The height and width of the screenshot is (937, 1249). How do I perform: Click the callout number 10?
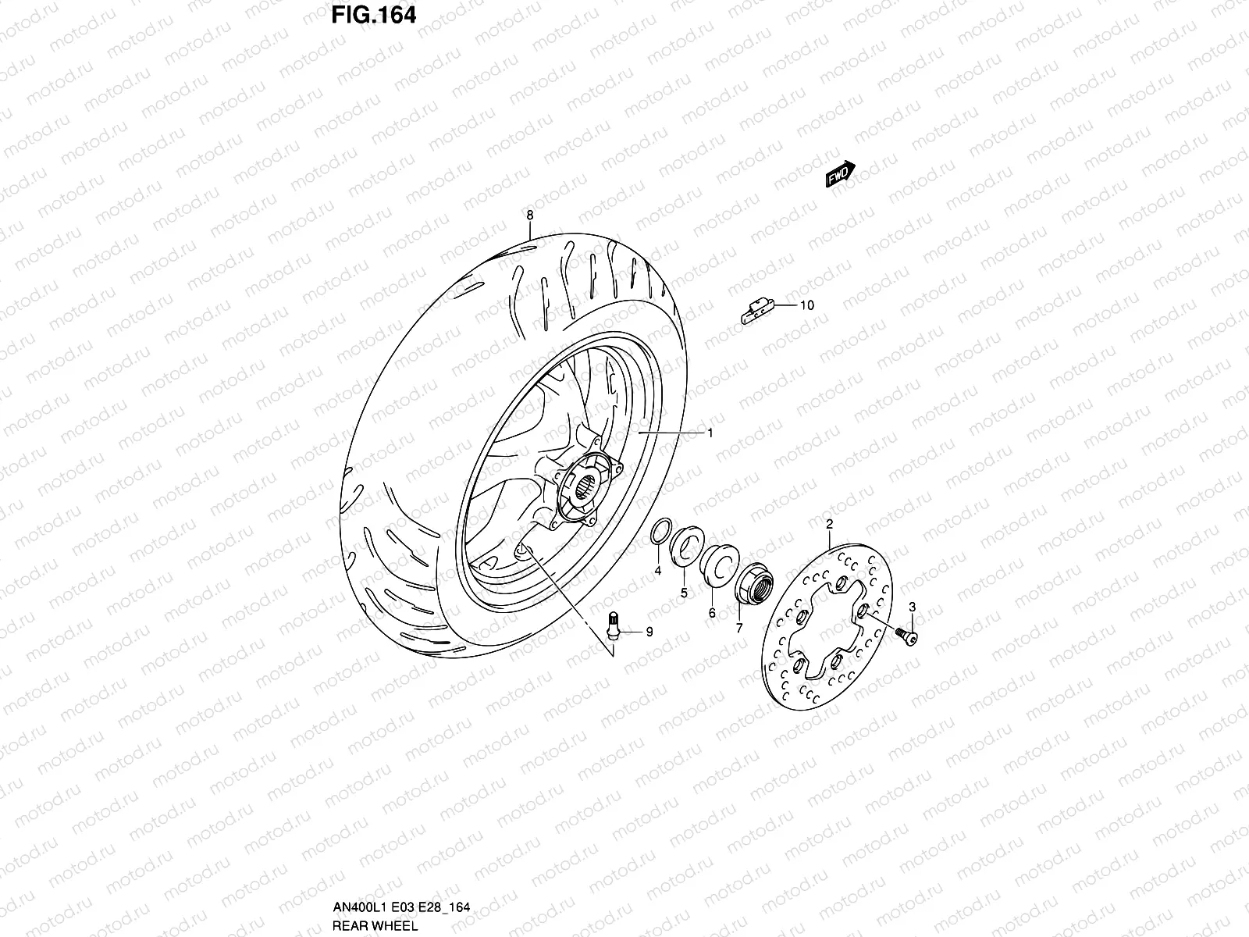click(x=806, y=305)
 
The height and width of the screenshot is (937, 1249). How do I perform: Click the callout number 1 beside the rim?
click(x=710, y=432)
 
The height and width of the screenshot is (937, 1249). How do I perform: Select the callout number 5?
click(x=683, y=593)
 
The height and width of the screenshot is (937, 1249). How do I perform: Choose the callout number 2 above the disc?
click(x=829, y=523)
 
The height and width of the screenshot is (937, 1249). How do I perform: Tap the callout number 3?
click(x=912, y=607)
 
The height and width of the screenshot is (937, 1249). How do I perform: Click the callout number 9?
click(x=649, y=632)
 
